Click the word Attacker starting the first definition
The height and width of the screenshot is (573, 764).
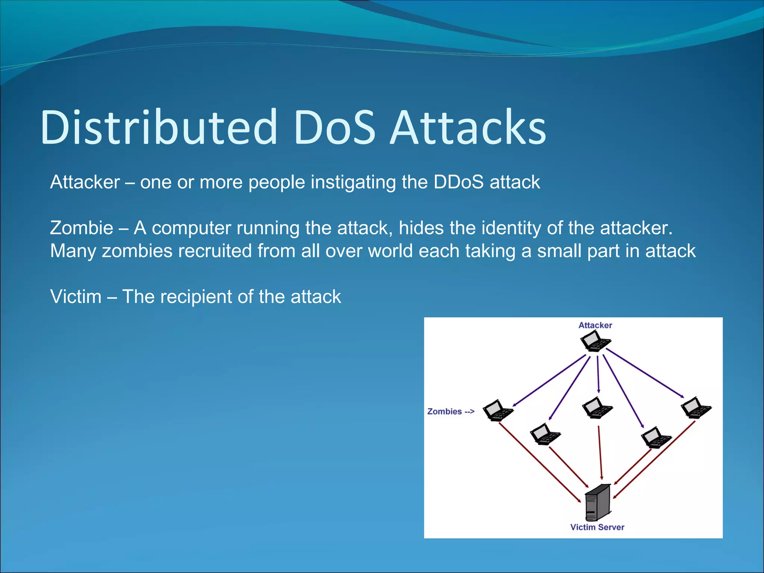click(85, 182)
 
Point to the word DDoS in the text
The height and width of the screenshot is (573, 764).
click(458, 182)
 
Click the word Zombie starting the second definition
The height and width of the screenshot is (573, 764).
click(81, 228)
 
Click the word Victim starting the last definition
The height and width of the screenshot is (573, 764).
click(76, 297)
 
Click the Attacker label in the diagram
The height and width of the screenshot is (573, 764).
click(595, 325)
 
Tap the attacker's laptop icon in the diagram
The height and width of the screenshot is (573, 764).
click(595, 342)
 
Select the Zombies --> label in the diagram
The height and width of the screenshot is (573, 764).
click(451, 411)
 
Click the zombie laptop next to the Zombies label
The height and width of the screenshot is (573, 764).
click(498, 411)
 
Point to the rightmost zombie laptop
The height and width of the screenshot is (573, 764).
click(696, 408)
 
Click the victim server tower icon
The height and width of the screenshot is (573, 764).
click(598, 502)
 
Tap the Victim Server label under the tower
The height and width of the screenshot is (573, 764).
click(597, 527)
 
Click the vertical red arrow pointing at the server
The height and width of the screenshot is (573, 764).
click(600, 453)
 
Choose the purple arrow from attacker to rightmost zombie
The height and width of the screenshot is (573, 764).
click(645, 372)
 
